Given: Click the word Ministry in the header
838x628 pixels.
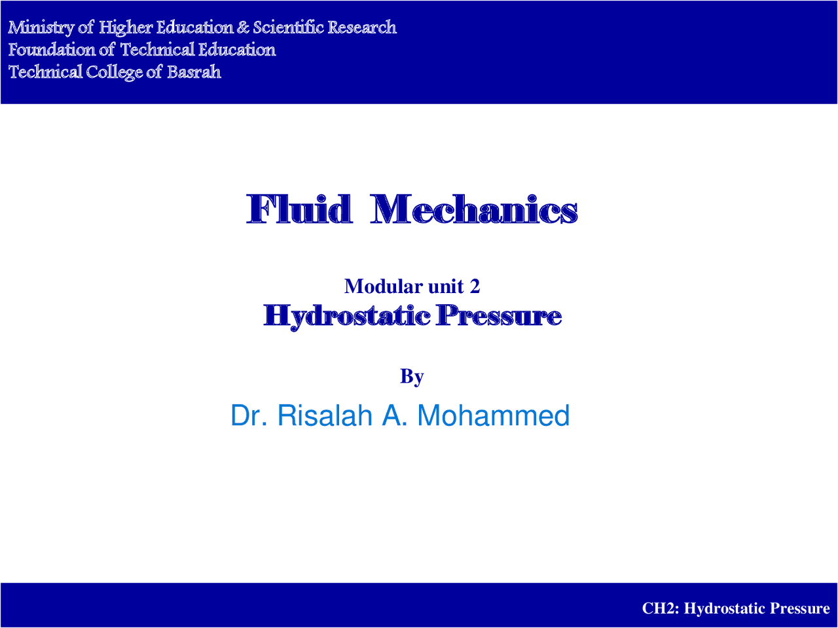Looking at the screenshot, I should (x=41, y=27).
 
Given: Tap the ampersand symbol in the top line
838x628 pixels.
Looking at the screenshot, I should (x=243, y=27).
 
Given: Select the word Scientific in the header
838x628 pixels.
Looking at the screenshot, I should (x=288, y=27).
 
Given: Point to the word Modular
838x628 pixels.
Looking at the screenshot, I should (x=383, y=286).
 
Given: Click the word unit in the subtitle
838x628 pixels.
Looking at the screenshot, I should (x=445, y=286).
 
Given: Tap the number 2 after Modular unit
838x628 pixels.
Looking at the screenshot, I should (x=475, y=286).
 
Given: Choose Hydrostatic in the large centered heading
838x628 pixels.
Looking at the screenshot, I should (x=347, y=316).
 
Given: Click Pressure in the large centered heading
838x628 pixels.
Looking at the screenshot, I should (x=499, y=316).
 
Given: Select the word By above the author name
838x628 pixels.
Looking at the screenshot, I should (x=412, y=376).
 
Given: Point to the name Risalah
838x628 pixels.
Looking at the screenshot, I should (x=325, y=415).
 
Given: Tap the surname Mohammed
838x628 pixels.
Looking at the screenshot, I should (x=493, y=415).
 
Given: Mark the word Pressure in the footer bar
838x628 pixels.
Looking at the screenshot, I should (x=799, y=608).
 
